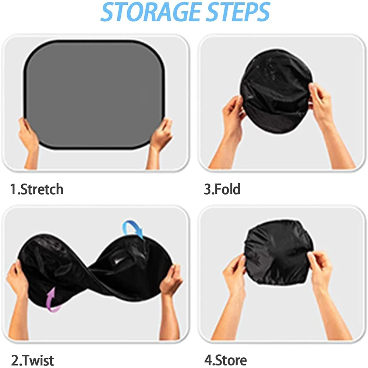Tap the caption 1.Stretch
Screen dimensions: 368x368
[36, 189]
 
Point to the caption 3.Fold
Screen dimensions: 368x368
[222, 189]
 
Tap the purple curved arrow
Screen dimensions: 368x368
[53, 300]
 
